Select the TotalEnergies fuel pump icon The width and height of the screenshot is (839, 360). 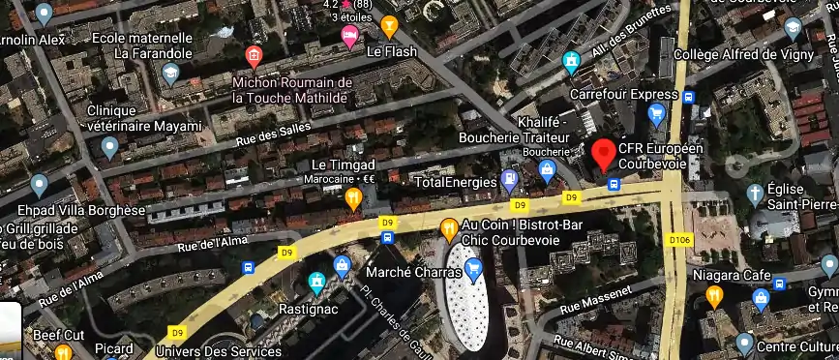(x=509, y=180)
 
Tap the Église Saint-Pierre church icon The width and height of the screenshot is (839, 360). (x=755, y=194)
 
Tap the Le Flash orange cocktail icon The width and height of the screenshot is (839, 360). (x=390, y=25)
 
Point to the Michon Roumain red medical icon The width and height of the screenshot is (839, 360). (x=254, y=56)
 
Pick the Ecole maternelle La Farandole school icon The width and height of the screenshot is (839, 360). (x=171, y=73)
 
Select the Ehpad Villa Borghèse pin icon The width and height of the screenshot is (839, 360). (x=40, y=184)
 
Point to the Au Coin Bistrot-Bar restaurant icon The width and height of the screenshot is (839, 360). (x=448, y=229)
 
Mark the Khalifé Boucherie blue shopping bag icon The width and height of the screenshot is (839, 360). (x=548, y=171)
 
